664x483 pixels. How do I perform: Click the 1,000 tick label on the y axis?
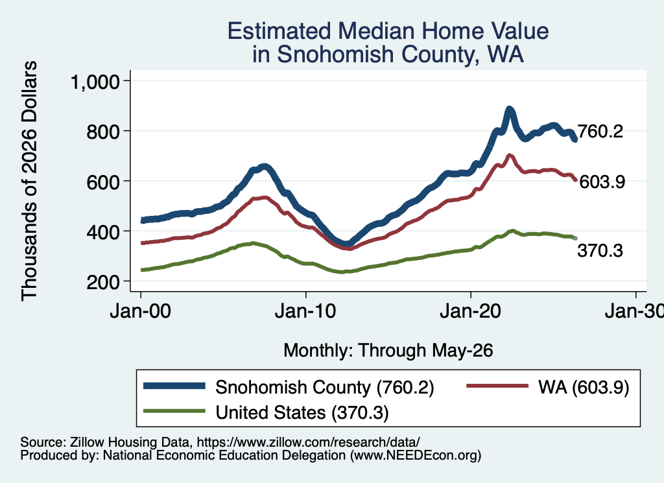click(x=95, y=82)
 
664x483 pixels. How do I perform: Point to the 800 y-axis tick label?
click(x=103, y=132)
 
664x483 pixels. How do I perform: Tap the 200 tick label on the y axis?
click(x=103, y=282)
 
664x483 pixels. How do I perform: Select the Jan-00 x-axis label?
click(x=140, y=312)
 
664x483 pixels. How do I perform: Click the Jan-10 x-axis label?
click(x=305, y=312)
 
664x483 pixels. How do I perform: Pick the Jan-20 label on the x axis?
click(x=471, y=312)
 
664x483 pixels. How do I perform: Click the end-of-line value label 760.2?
click(x=600, y=132)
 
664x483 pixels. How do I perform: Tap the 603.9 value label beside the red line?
click(x=602, y=182)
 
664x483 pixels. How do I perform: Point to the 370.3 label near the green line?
click(x=600, y=251)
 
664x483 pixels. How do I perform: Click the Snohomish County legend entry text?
click(x=325, y=387)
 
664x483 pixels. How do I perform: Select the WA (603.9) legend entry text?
click(x=584, y=387)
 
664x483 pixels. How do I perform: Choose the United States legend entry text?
click(x=302, y=413)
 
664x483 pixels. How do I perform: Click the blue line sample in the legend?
click(x=174, y=386)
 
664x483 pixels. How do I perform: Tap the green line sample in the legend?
click(x=174, y=410)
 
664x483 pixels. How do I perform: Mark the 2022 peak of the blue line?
click(x=510, y=109)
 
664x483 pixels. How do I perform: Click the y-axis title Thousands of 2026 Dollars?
click(x=29, y=181)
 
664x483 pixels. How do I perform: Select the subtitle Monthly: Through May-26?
click(x=388, y=351)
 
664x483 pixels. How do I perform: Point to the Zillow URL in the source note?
click(x=308, y=442)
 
